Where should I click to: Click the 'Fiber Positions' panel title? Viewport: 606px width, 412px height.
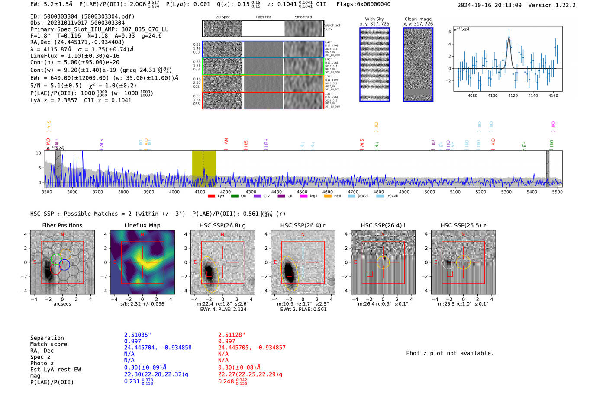pos(62,225)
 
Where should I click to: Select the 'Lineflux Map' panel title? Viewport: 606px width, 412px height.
pos(142,225)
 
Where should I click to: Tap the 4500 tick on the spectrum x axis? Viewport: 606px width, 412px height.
pos(302,192)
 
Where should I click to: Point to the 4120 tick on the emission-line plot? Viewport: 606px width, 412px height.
pos(513,96)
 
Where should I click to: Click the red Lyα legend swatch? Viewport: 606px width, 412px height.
pos(211,196)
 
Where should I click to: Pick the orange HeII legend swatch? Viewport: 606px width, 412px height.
pos(328,196)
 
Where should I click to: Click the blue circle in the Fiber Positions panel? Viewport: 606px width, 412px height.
pos(64,265)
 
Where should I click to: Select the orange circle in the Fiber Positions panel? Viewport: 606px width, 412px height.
pos(65,254)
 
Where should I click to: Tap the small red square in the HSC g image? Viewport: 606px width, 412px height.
pos(209,274)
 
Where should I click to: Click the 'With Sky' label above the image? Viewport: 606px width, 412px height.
pos(374,19)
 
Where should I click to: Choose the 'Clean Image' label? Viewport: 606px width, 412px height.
pos(418,19)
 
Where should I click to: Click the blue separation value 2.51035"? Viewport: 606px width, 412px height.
pos(138,335)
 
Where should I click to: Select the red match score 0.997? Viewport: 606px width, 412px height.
pos(226,341)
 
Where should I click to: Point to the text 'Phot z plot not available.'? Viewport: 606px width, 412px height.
pos(450,353)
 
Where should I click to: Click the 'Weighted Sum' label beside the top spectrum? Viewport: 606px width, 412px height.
pos(332,27)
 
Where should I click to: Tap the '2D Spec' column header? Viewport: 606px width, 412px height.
pos(223,17)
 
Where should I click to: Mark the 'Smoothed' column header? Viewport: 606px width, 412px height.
pos(303,17)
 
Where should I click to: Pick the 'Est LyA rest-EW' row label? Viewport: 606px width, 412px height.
pos(55,370)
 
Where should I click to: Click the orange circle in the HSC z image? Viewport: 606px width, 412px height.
pos(463,262)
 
